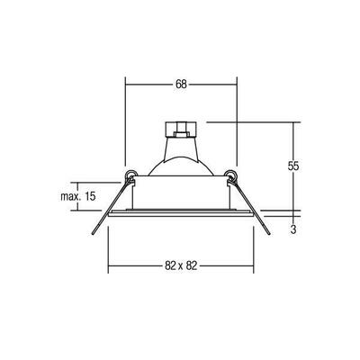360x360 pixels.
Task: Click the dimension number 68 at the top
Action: coord(181,85)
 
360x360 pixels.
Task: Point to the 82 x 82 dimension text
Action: coord(180,267)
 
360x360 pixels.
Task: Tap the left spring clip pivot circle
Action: coord(130,176)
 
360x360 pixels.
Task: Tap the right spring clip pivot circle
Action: coord(232,176)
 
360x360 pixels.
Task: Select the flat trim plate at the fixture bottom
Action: coord(180,218)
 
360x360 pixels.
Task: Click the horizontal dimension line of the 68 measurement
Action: coord(153,85)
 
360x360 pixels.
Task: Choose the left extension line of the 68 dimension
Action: coord(124,126)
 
